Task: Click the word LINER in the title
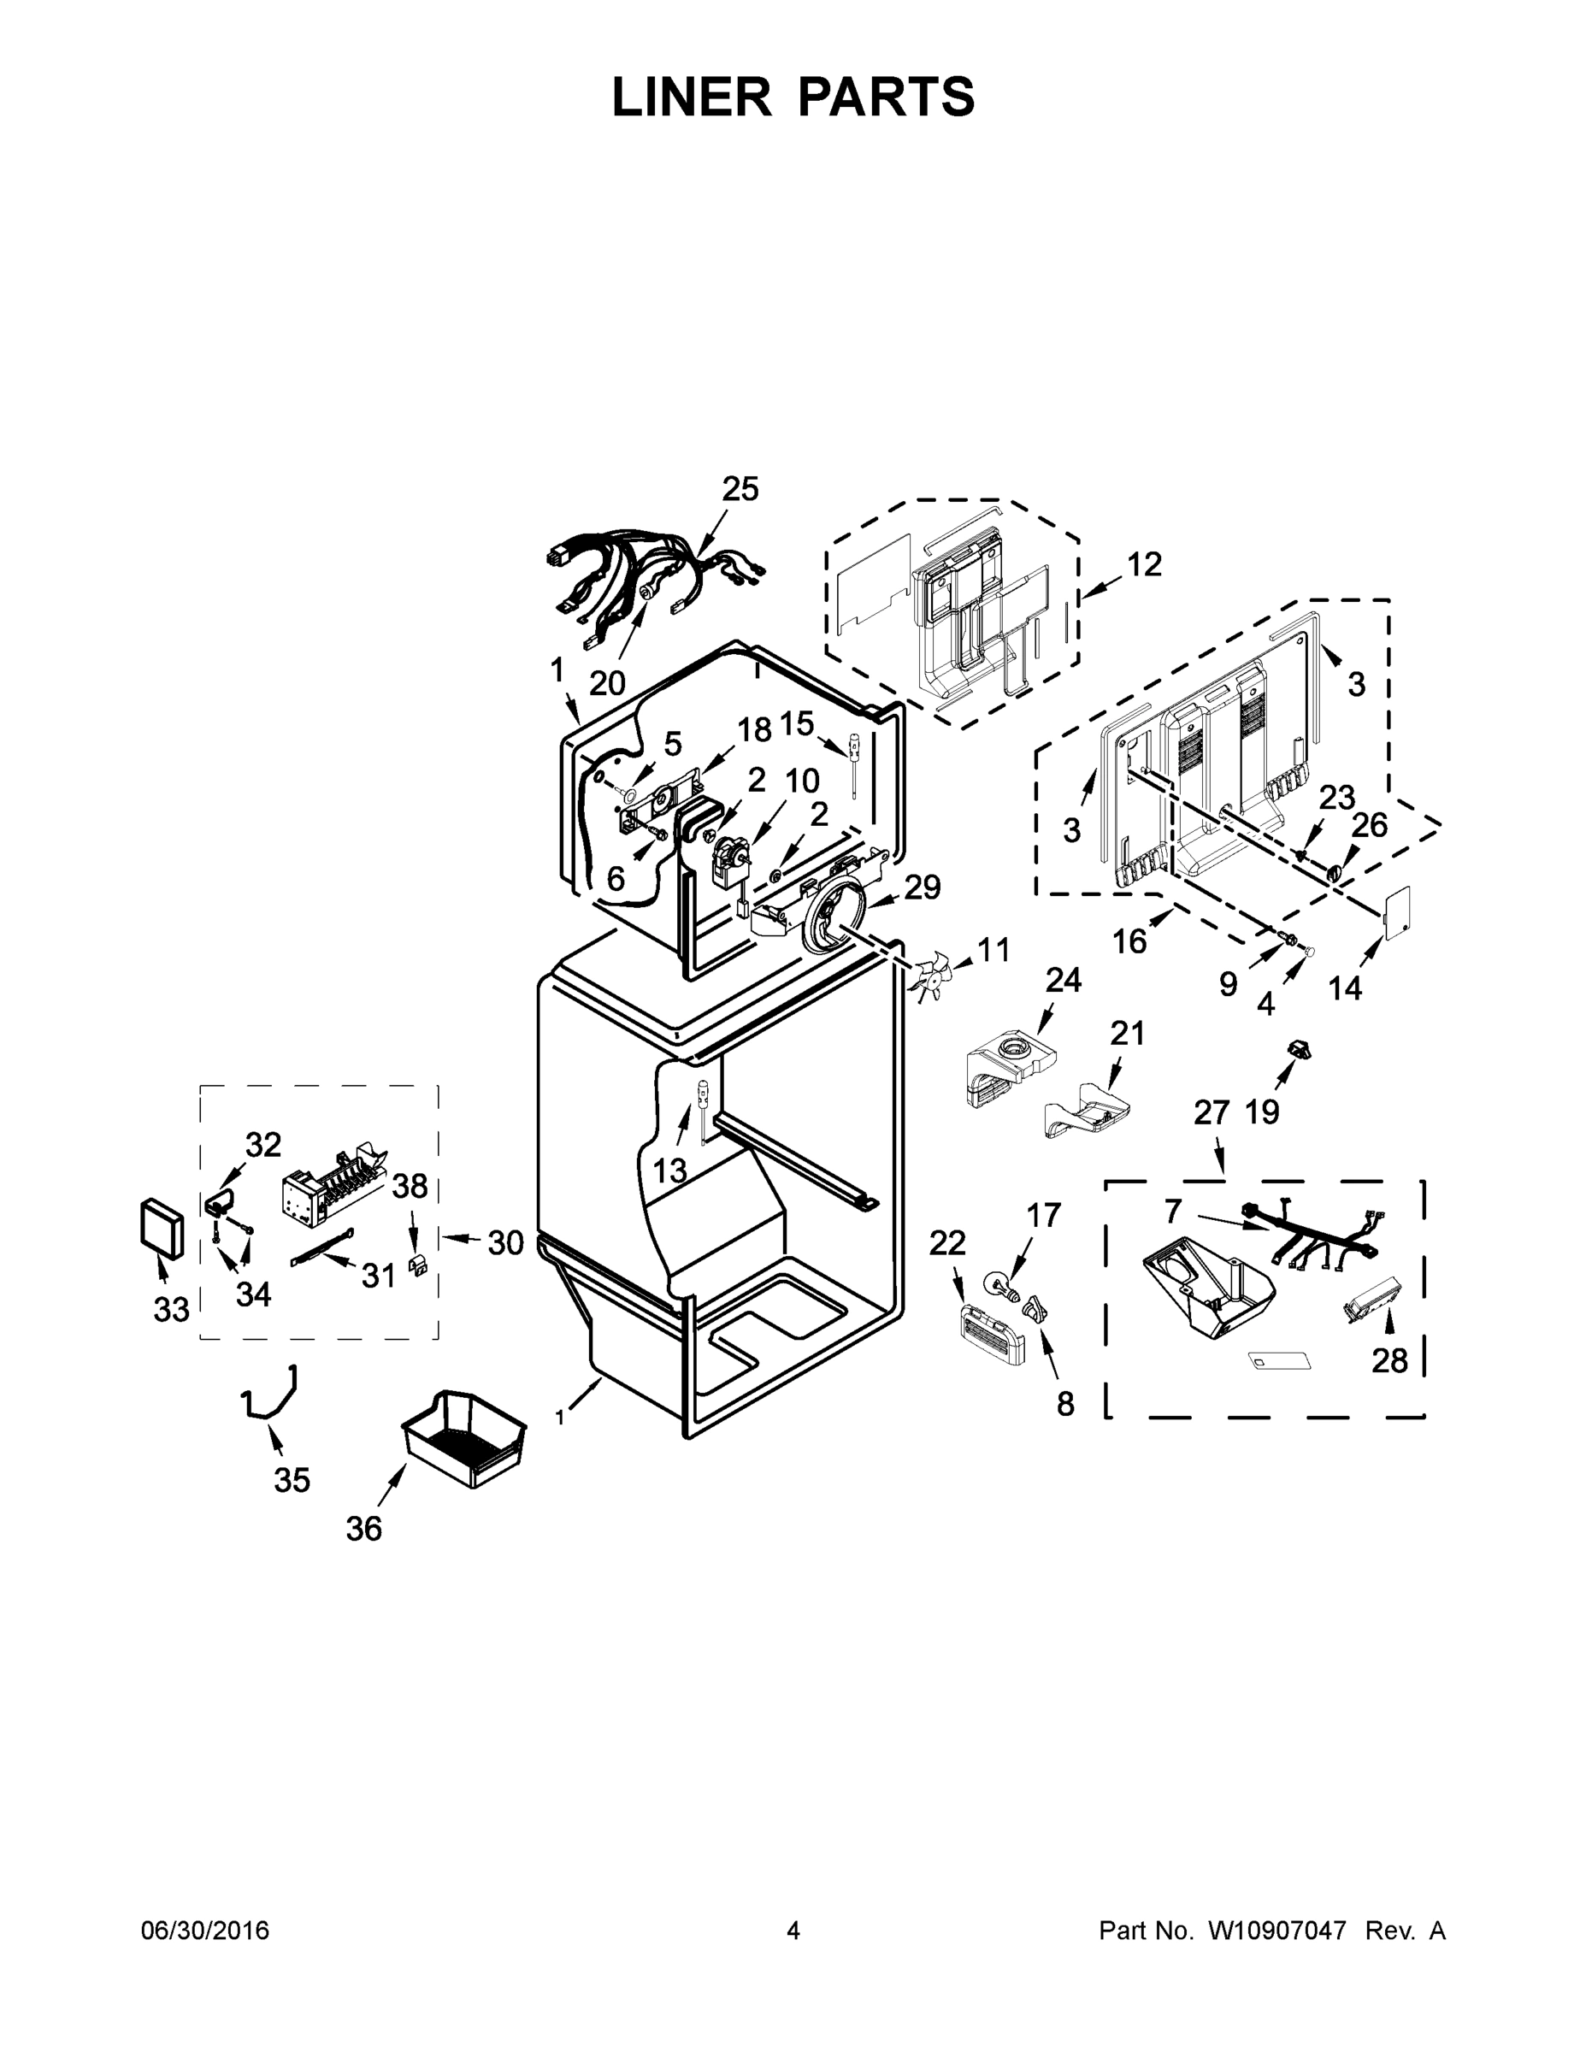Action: (692, 97)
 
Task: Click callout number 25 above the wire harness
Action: (740, 490)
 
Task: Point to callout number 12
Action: (1145, 564)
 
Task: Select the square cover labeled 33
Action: (161, 1227)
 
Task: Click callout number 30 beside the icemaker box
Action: (505, 1243)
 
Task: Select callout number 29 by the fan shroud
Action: (923, 887)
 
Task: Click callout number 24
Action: (1064, 980)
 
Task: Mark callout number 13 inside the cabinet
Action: (670, 1170)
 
